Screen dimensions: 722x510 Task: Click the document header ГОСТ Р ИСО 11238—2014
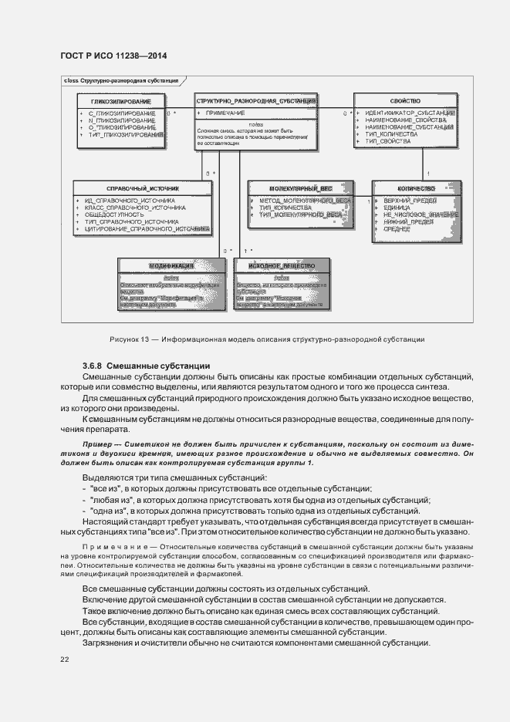tap(113, 56)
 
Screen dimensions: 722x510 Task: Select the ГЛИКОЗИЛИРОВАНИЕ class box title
tap(120, 101)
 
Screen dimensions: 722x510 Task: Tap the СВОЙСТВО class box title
tap(405, 101)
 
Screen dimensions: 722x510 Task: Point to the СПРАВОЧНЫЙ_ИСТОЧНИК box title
tap(142, 188)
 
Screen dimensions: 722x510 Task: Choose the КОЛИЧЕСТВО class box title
tap(417, 188)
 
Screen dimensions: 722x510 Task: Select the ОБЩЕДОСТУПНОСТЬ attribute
tap(117, 214)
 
